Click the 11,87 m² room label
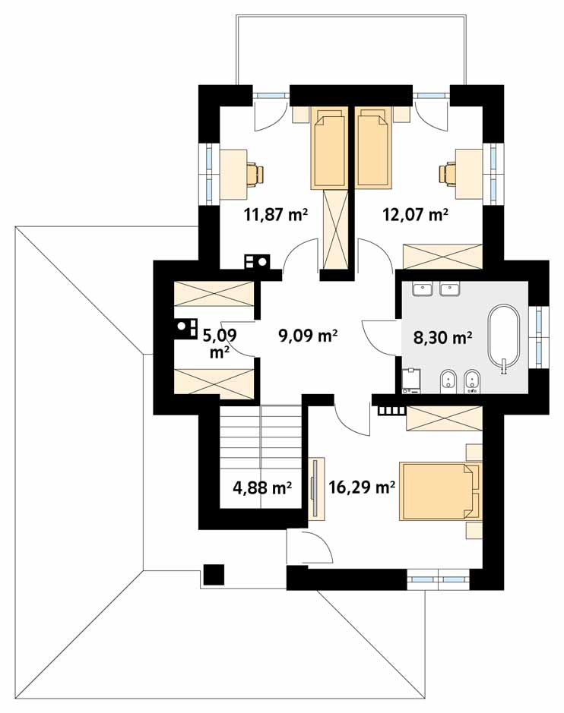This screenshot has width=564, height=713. point(276,214)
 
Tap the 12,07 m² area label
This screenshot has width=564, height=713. point(415,214)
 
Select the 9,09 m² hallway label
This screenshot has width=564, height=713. point(308,336)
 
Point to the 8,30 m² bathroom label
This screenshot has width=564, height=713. point(442,337)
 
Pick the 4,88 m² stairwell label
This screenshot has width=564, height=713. point(262,488)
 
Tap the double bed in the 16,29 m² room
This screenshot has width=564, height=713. point(440,491)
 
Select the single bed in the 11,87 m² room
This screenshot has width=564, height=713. point(328,147)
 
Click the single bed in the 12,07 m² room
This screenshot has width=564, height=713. point(373,147)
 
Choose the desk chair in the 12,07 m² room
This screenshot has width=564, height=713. point(448,174)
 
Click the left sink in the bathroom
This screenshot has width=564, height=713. point(423,289)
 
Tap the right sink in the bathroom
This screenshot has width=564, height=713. point(450,289)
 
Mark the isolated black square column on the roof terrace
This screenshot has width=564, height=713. point(214,574)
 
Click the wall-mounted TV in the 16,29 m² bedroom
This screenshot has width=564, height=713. point(314,488)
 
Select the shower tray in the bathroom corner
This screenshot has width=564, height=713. point(411,380)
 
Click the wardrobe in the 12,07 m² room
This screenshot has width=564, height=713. point(443,257)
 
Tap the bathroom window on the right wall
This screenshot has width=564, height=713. point(539,337)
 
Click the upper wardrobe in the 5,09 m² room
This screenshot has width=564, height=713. point(214,294)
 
